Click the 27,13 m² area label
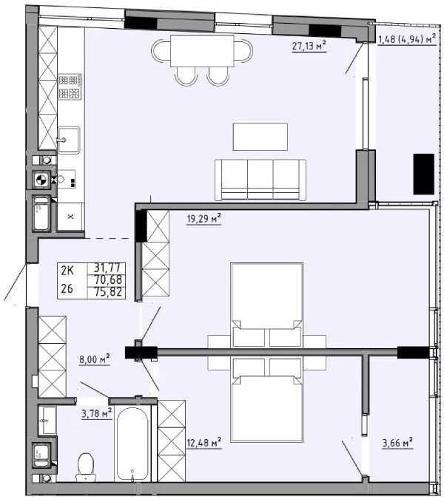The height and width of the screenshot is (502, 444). [309, 47]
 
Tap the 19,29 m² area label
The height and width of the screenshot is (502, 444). [204, 218]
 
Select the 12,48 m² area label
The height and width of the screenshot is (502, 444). [204, 443]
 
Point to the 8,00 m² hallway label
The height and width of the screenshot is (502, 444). [94, 360]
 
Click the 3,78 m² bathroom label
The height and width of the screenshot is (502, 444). [96, 413]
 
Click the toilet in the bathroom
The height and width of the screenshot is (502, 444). [86, 465]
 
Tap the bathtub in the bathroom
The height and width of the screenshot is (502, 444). [134, 443]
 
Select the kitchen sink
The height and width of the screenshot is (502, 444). [69, 138]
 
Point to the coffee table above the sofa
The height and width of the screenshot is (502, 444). [260, 137]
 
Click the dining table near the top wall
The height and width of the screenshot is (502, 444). [202, 50]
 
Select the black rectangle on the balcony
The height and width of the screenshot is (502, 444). [423, 173]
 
